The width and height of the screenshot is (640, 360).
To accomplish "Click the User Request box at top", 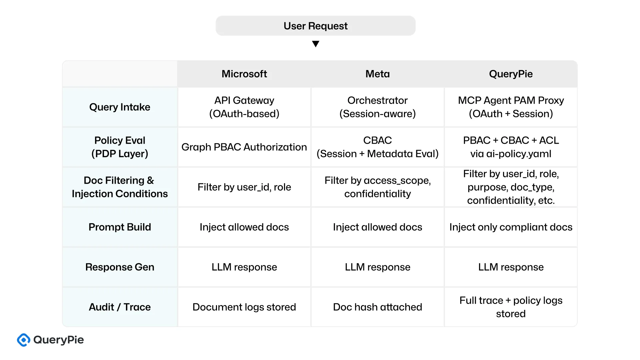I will [315, 26].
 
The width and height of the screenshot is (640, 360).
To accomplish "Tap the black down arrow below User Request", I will [315, 44].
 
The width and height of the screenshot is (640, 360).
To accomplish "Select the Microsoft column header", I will [244, 74].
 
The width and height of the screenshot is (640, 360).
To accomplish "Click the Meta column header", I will [377, 74].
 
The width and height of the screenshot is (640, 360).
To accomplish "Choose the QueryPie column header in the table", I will [511, 74].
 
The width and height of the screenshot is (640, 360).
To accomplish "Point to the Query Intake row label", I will [120, 107].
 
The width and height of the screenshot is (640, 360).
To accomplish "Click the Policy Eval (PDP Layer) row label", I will [120, 147].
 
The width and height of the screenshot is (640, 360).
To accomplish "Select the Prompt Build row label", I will [120, 227].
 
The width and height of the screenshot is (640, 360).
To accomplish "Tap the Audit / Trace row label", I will [120, 307].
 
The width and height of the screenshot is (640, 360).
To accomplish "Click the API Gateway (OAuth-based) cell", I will [244, 107].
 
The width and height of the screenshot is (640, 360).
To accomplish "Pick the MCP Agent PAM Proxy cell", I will [511, 107].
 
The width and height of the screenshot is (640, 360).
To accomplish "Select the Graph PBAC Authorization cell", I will [244, 147].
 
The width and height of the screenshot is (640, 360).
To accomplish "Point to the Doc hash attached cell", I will [377, 307].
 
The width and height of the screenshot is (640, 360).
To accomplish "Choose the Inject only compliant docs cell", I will [511, 227].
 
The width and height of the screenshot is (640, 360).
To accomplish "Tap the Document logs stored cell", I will [244, 307].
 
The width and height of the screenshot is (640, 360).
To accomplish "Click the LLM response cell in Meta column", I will [377, 267].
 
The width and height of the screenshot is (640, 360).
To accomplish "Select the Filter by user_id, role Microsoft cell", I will [244, 187].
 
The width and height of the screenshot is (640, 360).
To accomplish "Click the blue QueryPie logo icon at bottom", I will [24, 340].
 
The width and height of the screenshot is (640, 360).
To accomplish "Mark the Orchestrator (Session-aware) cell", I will [377, 107].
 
